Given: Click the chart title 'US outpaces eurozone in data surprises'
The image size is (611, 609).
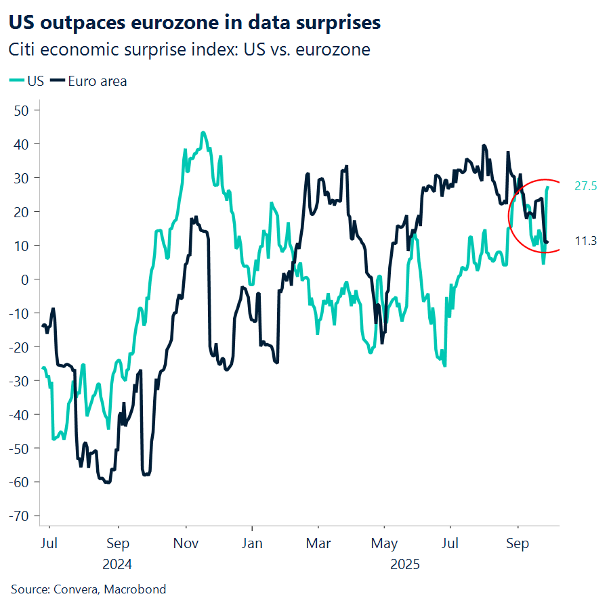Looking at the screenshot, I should pyautogui.click(x=194, y=22).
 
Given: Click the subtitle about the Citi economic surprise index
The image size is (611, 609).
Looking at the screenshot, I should pyautogui.click(x=189, y=50).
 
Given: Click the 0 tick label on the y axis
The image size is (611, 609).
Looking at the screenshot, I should pyautogui.click(x=28, y=279).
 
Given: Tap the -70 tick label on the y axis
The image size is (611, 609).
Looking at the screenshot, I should pyautogui.click(x=22, y=516).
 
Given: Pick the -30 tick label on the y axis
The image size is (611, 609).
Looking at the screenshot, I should pyautogui.click(x=22, y=381).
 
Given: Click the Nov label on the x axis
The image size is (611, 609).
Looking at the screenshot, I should pyautogui.click(x=185, y=543).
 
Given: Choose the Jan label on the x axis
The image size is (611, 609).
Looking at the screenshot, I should pyautogui.click(x=252, y=543).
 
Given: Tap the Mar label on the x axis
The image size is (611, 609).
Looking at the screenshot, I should pyautogui.click(x=318, y=543).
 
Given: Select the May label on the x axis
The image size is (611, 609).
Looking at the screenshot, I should pyautogui.click(x=384, y=543).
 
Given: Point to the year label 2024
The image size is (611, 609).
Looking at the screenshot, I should pyautogui.click(x=118, y=564).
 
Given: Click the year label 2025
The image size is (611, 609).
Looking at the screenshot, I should pyautogui.click(x=406, y=564).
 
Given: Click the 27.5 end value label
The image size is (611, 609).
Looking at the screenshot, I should pyautogui.click(x=585, y=187).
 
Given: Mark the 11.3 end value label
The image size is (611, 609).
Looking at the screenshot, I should pyautogui.click(x=585, y=242).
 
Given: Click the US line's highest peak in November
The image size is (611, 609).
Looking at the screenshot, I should pyautogui.click(x=203, y=133).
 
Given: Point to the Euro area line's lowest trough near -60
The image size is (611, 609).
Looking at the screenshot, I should pyautogui.click(x=108, y=482).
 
